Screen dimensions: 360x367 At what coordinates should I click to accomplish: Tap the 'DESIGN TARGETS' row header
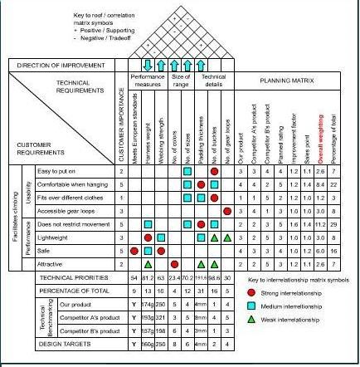click(x=66, y=341)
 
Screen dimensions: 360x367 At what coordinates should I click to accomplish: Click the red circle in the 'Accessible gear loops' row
click(x=226, y=211)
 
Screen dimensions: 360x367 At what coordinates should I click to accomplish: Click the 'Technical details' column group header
click(x=214, y=81)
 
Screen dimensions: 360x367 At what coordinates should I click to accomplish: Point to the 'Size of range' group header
click(x=181, y=81)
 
